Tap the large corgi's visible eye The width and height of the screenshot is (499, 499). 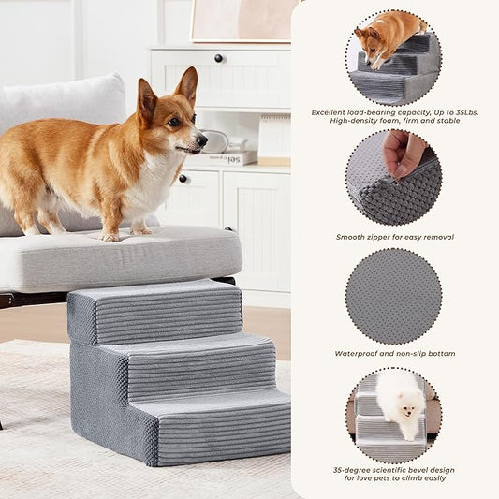174,123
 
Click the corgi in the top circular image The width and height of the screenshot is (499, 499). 385,37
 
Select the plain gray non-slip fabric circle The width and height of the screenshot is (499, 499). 393,295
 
